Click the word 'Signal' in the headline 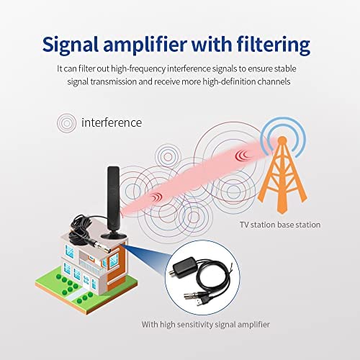(71, 45)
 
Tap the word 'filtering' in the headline (274, 45)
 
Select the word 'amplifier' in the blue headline (145, 45)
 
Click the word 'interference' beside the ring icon (112, 122)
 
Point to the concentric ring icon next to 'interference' (67, 123)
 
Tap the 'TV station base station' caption (280, 225)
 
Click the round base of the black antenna (113, 235)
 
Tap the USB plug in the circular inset (204, 300)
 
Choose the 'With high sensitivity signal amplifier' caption (206, 325)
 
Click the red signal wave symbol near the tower (242, 155)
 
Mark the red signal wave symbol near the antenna (156, 197)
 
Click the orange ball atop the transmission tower (283, 140)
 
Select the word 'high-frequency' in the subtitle (138, 69)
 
